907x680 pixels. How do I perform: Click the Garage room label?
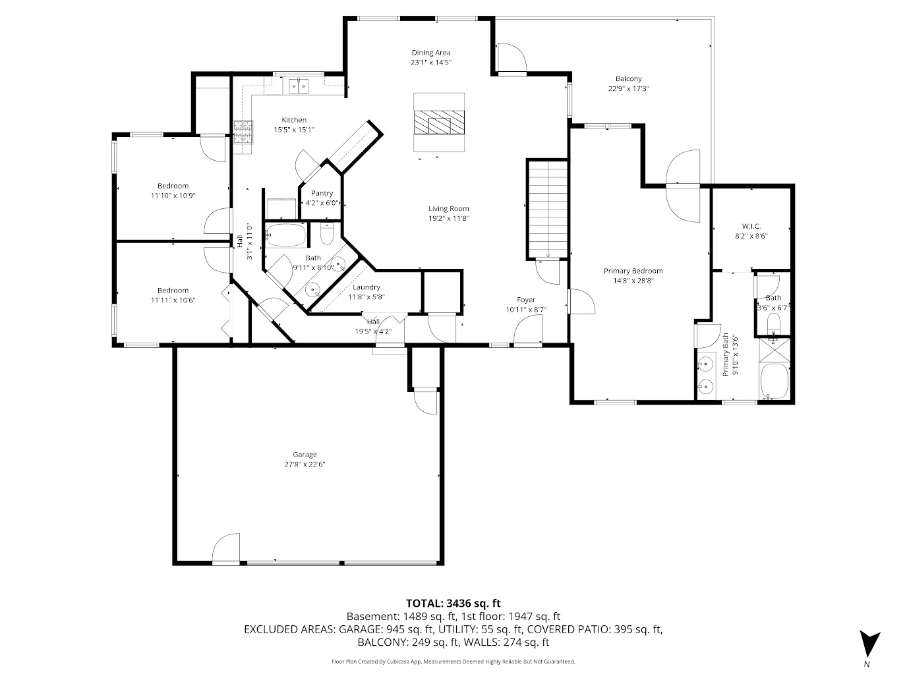point(305,454)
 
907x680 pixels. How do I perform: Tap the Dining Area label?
point(431,53)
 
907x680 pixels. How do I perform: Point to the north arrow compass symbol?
point(869,643)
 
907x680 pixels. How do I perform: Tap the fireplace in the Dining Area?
point(439,123)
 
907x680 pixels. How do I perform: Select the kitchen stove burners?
point(243,132)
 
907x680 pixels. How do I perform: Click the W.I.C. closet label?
point(751,226)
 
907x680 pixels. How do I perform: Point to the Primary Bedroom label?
point(633,271)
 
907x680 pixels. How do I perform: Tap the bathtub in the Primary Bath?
point(775,382)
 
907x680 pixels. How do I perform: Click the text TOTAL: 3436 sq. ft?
point(453,603)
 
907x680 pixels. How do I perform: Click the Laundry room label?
point(366,287)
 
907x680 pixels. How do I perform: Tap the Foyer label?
point(526,300)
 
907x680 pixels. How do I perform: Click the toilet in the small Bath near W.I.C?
point(774,322)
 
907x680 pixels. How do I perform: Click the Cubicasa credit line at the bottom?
point(453,661)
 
